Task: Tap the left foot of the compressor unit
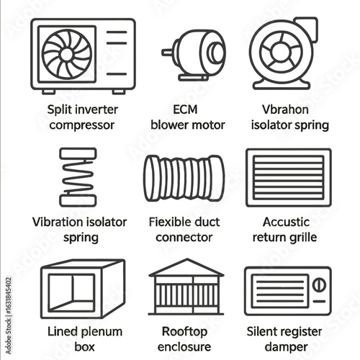coord(49,91)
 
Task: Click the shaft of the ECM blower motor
coord(168,52)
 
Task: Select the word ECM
coord(185,109)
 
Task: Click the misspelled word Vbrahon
coord(285,109)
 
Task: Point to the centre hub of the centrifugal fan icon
coord(281,52)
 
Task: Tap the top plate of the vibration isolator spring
coord(78,153)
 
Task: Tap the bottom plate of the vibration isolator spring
coord(78,201)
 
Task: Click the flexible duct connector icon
coord(184,178)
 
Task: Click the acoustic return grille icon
coord(289,177)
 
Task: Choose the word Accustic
coord(286,222)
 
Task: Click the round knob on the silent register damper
coord(319,285)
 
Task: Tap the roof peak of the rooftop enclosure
coord(187,260)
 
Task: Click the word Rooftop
coord(184,333)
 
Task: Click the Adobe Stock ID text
coord(9,315)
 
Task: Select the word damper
coord(286,348)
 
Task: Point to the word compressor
coord(82,125)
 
